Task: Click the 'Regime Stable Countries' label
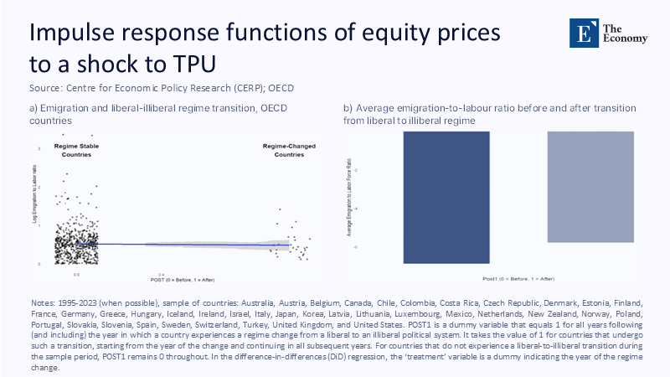(x=78, y=150)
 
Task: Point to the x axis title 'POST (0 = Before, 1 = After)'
(x=184, y=279)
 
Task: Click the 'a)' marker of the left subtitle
(x=33, y=109)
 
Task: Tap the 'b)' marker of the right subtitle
(x=348, y=109)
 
